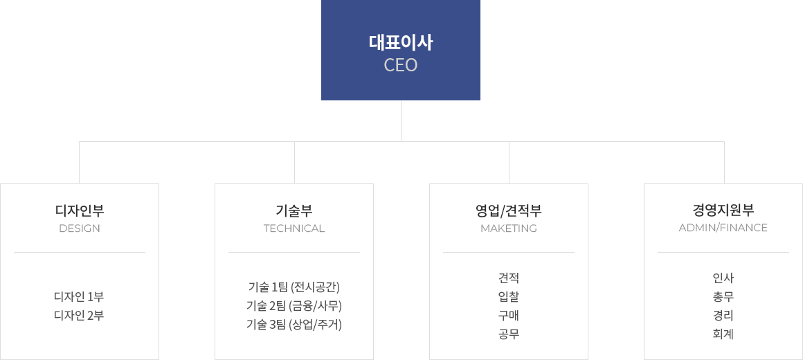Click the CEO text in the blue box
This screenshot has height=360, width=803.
[401, 65]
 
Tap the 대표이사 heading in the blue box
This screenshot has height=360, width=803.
[401, 43]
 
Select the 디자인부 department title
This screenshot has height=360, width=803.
[80, 210]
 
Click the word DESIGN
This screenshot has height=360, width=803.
[80, 228]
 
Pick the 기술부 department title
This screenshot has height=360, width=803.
[294, 210]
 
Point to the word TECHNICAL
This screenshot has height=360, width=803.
[294, 228]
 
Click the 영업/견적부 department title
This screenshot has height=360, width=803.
[509, 210]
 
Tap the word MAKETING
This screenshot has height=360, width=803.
[509, 228]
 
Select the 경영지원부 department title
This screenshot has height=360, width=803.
[723, 210]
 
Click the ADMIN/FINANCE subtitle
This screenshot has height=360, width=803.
[723, 228]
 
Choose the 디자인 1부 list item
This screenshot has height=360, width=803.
[79, 297]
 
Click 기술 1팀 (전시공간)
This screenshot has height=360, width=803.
[294, 287]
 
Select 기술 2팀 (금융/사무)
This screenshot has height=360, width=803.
[294, 306]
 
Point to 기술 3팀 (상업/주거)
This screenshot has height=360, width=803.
[294, 324]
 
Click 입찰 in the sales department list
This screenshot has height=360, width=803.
[509, 296]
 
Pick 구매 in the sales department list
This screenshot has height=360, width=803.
[509, 316]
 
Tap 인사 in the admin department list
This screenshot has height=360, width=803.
[723, 278]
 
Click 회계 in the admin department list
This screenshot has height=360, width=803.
[723, 334]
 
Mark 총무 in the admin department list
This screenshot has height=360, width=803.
[723, 296]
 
